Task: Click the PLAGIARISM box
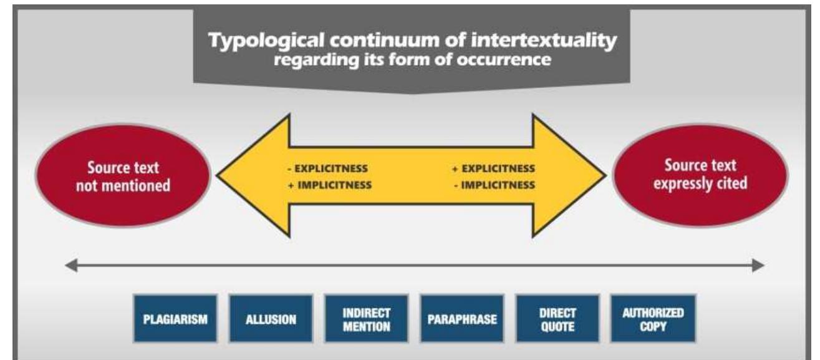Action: click(175, 319)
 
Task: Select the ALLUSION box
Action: click(271, 319)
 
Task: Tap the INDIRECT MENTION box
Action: click(366, 319)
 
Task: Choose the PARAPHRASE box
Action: click(461, 319)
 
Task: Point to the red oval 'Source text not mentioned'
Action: click(123, 177)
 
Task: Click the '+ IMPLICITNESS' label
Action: click(331, 185)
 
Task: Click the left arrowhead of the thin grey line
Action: click(69, 265)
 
